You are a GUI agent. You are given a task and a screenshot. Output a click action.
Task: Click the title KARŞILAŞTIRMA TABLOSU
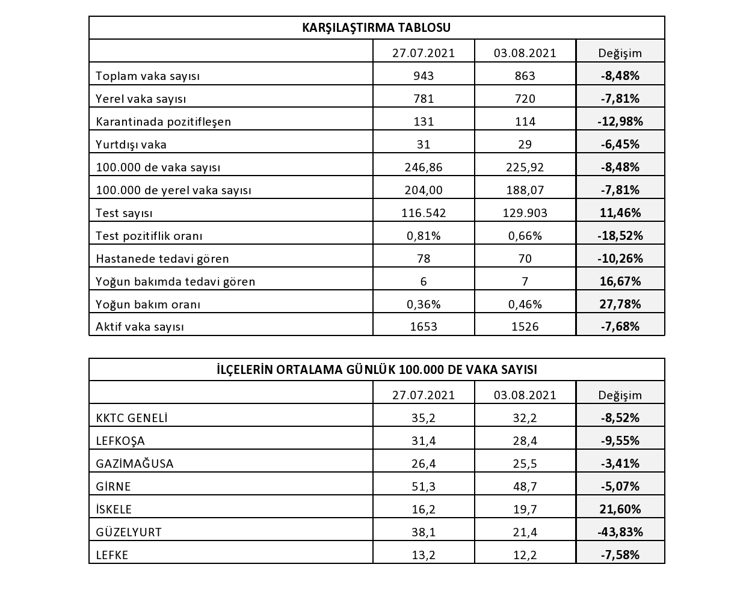(x=376, y=28)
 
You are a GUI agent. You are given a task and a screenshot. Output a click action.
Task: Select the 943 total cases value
(x=424, y=76)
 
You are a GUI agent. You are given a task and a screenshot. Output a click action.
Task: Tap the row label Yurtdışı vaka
(x=131, y=144)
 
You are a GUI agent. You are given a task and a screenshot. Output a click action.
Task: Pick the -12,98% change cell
(x=620, y=121)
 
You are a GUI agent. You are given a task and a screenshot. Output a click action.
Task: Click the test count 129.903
(x=525, y=213)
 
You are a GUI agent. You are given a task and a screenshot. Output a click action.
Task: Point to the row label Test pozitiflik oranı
(x=149, y=236)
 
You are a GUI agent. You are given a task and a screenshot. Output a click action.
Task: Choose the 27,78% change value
(x=620, y=304)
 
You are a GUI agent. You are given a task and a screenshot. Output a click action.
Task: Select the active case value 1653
(x=424, y=326)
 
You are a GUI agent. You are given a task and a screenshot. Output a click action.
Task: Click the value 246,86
(x=424, y=167)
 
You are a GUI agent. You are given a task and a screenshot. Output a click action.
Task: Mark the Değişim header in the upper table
(x=620, y=53)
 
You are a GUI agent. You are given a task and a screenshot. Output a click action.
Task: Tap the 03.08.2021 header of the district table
(x=525, y=395)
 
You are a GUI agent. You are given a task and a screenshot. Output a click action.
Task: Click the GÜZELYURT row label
(x=129, y=532)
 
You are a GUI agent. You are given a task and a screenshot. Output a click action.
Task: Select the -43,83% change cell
(x=620, y=532)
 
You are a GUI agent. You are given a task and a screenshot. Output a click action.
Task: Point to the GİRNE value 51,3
(x=424, y=486)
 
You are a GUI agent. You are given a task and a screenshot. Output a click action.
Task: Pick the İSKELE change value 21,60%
(x=620, y=509)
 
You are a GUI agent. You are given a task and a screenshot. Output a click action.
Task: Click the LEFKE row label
(x=113, y=555)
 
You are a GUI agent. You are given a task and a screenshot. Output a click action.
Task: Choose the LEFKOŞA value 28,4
(x=525, y=441)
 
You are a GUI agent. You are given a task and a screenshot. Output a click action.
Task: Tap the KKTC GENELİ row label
(x=132, y=418)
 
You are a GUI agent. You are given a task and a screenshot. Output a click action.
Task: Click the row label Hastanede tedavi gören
(x=162, y=259)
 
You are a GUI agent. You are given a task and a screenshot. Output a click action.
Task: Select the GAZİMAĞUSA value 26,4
(x=424, y=464)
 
